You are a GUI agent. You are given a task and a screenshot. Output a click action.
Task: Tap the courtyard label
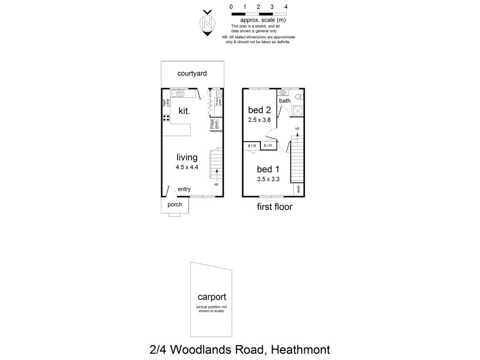pos(192,74)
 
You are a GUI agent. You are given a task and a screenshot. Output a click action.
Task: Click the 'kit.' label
pos(184,110)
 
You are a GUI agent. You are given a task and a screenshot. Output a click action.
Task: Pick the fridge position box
pos(213,124)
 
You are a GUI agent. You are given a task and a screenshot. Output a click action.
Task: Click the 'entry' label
pos(184,190)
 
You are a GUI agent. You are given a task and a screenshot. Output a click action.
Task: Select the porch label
pos(175,205)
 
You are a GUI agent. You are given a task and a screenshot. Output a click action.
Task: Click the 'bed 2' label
pos(259,110)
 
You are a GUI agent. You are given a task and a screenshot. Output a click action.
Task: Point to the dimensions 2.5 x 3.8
pos(259,120)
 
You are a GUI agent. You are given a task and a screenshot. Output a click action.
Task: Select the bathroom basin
pos(283,93)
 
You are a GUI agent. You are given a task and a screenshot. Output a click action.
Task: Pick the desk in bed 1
pos(297,190)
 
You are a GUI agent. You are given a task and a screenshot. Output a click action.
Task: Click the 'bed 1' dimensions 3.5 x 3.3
pos(268,179)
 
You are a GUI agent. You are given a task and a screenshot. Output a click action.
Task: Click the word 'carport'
pos(212,298)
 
